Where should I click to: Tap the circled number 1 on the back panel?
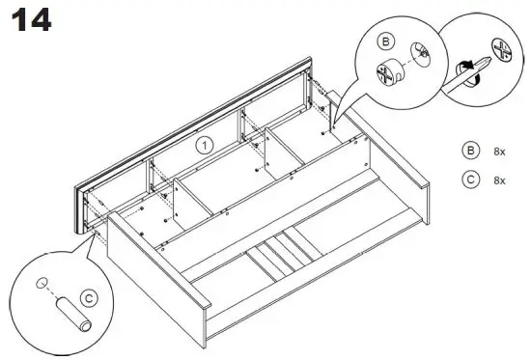[x=204, y=146]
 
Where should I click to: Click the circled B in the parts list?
[x=471, y=151]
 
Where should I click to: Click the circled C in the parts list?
[x=471, y=180]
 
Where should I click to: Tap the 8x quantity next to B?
[x=500, y=151]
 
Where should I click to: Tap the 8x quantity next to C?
[x=500, y=180]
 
